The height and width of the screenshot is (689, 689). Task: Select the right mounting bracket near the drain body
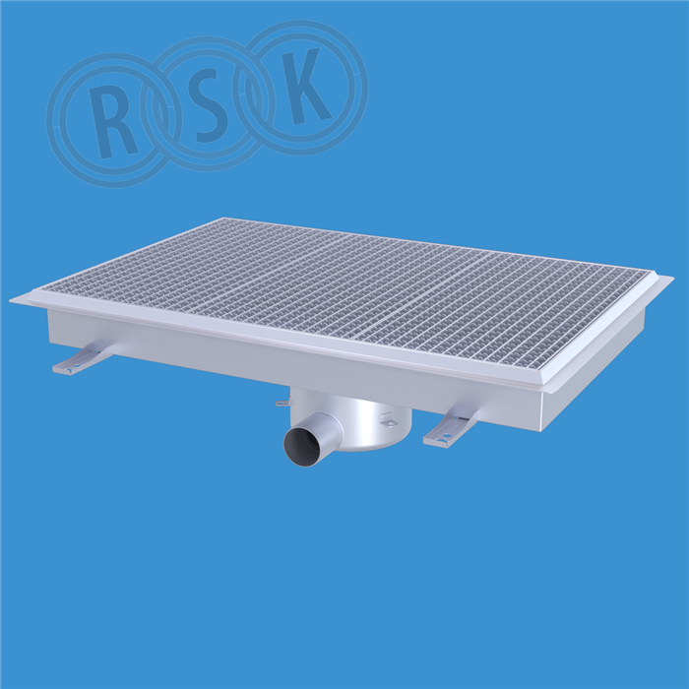[454, 423]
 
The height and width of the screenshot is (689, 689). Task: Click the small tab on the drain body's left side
[282, 403]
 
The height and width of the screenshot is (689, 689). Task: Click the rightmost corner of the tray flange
[673, 277]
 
